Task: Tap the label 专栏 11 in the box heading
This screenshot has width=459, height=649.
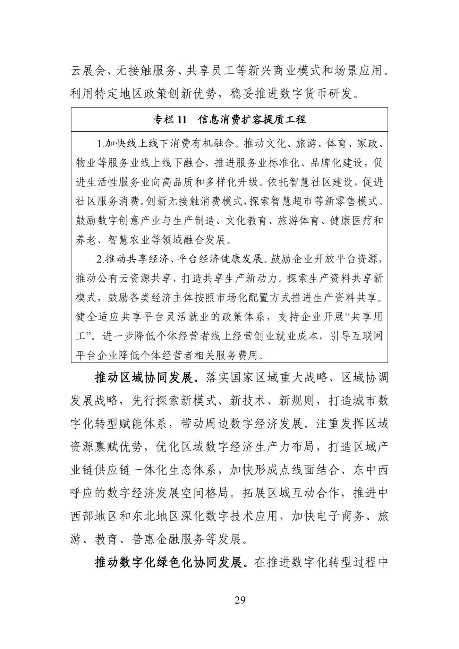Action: click(170, 120)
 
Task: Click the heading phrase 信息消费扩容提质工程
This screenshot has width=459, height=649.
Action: click(252, 120)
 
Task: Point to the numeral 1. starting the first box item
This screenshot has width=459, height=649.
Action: click(100, 144)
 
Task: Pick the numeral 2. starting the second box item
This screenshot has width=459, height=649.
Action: click(100, 259)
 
